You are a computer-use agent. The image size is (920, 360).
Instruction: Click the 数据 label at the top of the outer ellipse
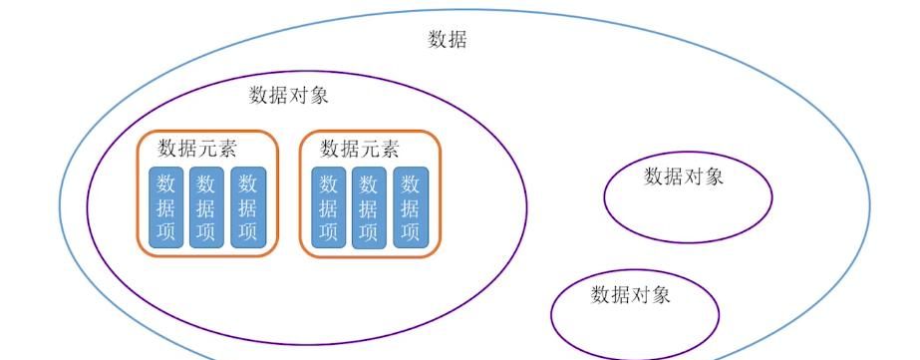(x=448, y=40)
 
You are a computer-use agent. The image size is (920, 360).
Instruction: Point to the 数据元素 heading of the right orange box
(x=360, y=149)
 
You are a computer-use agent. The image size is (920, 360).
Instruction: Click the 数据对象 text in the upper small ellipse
(x=684, y=177)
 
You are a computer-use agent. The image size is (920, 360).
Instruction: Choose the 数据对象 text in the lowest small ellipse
(x=631, y=294)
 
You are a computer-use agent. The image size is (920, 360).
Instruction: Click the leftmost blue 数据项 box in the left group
(x=165, y=207)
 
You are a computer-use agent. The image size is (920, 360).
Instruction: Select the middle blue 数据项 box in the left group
(x=206, y=207)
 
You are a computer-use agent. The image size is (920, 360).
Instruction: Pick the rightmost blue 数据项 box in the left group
(x=247, y=207)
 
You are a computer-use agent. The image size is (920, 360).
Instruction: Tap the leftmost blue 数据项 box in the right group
(x=328, y=207)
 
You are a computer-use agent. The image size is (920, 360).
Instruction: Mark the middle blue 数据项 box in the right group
(x=369, y=207)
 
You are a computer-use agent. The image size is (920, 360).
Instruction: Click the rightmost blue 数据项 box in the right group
(x=410, y=207)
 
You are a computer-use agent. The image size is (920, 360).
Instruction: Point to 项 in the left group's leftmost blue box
(x=165, y=231)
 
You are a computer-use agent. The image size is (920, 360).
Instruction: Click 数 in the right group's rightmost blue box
(x=410, y=184)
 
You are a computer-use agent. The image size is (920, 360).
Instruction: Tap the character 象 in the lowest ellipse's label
(x=661, y=294)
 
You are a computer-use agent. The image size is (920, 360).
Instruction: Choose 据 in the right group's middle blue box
(x=369, y=208)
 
